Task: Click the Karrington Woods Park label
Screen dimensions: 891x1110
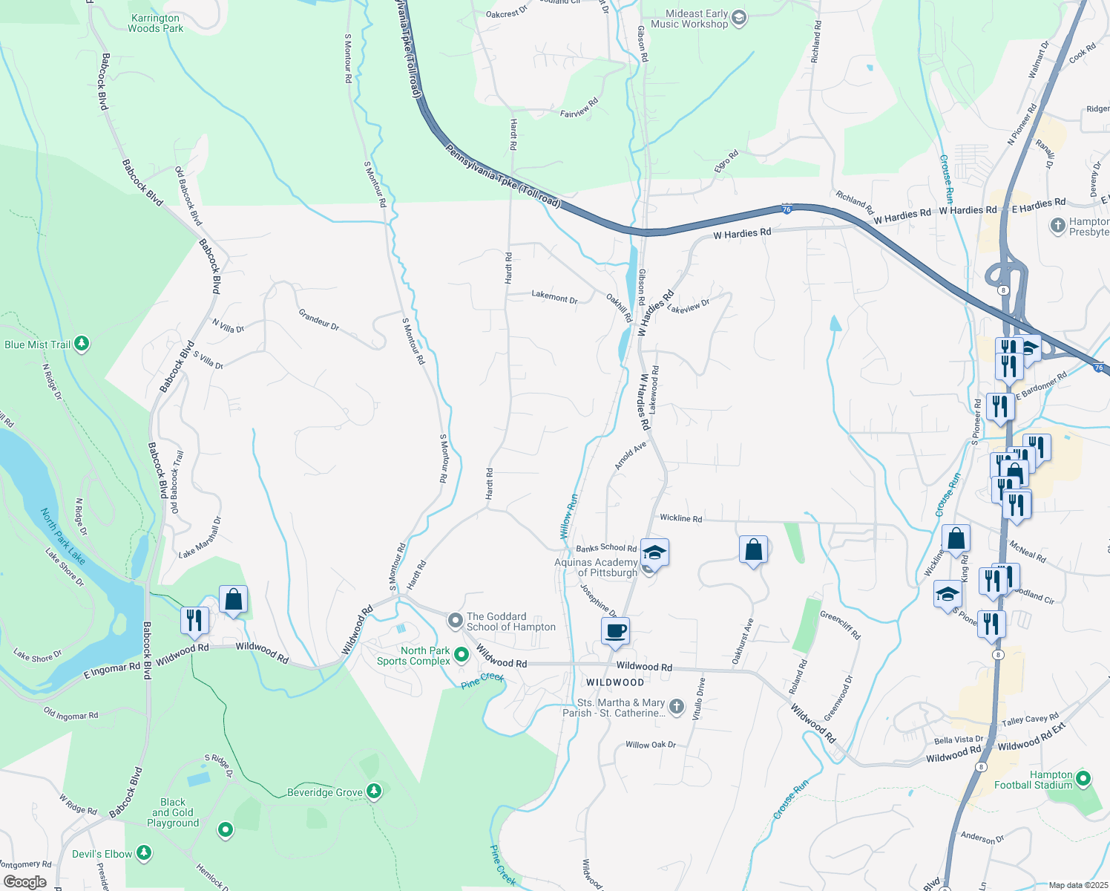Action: (155, 23)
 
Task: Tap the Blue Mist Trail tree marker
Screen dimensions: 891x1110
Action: (82, 345)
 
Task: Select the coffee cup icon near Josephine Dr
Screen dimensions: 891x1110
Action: (615, 632)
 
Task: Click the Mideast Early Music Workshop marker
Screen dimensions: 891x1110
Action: (738, 19)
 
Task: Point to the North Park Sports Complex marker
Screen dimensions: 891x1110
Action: (462, 655)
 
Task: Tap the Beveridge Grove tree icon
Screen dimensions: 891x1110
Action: (374, 792)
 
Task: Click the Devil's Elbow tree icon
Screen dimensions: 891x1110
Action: (144, 853)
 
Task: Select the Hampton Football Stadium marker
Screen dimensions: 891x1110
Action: (1083, 779)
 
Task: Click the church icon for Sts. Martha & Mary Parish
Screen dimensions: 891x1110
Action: (676, 707)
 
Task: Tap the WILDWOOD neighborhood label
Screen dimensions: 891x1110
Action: (615, 682)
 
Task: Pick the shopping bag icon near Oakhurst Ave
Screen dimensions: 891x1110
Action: (753, 550)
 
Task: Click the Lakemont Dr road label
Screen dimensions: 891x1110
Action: (554, 297)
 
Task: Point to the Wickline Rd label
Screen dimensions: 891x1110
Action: (680, 518)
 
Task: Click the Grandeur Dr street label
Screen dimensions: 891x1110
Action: (319, 320)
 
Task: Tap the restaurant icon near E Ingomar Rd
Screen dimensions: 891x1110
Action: (194, 620)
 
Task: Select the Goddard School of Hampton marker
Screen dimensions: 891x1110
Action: (456, 619)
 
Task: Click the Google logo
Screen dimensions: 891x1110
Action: (24, 881)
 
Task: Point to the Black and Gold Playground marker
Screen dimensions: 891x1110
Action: (226, 829)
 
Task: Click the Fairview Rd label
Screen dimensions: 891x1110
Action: (579, 108)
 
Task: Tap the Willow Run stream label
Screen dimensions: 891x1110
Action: (568, 516)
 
